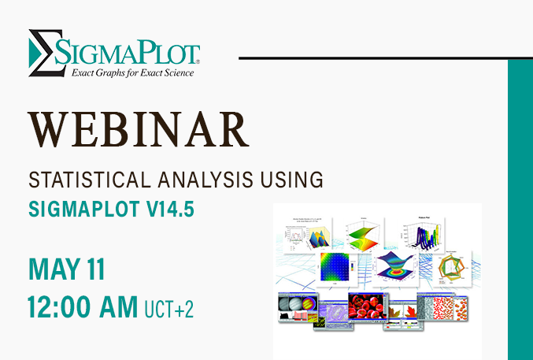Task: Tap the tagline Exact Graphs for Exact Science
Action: pyautogui.click(x=133, y=73)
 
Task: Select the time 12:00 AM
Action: pyautogui.click(x=82, y=306)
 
